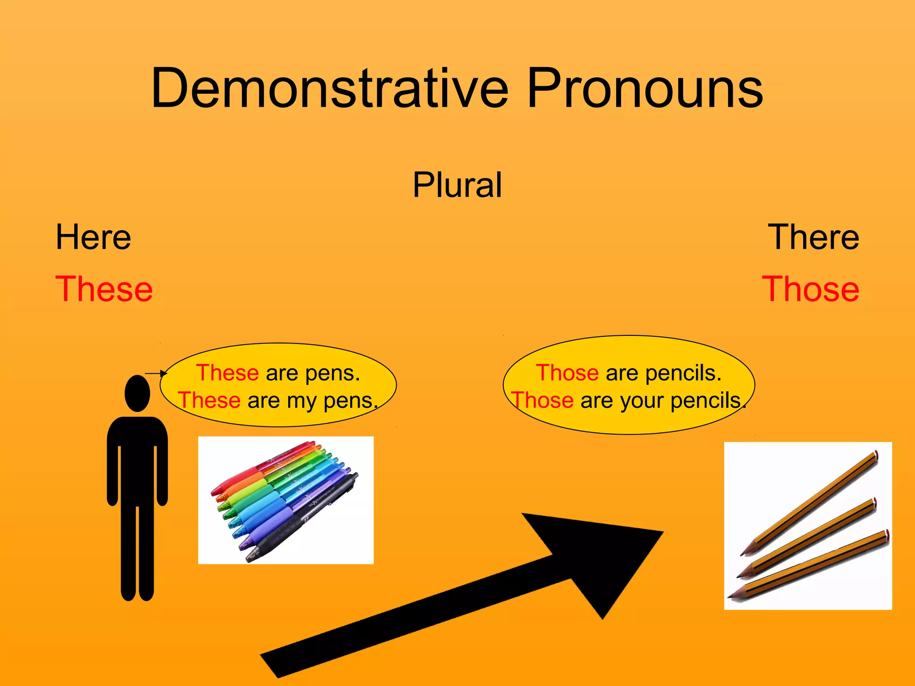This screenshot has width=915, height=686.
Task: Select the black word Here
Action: [x=93, y=237]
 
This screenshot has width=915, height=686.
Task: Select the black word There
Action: [x=813, y=237]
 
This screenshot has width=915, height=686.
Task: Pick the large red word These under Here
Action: [x=104, y=289]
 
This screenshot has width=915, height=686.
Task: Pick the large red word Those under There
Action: [x=810, y=289]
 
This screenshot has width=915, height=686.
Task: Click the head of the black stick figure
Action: [x=137, y=393]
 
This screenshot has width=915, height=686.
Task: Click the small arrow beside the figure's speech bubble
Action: [x=156, y=373]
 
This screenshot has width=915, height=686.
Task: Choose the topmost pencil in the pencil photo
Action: [x=813, y=500]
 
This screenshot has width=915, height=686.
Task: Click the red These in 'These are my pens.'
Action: [x=210, y=401]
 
